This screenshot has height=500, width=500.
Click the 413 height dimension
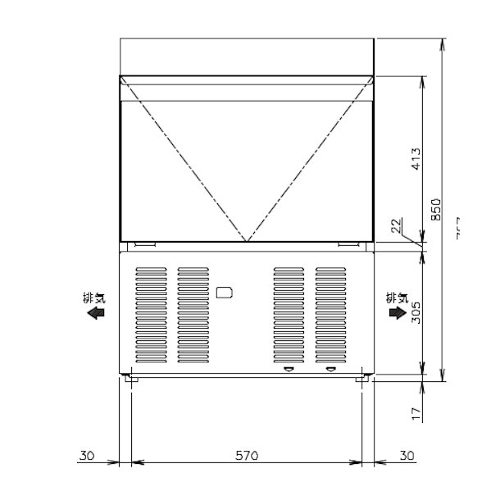coord(416,158)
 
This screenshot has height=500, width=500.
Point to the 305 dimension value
coord(416,311)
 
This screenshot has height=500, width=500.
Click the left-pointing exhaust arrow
coord(96,313)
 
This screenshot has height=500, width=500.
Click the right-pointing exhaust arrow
coord(397,313)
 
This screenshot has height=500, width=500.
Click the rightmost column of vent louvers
coord(330,316)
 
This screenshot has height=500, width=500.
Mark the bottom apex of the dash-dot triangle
coord(247,242)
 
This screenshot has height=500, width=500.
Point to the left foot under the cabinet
coord(130,378)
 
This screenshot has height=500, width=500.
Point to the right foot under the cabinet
coord(361,378)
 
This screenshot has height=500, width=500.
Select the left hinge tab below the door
coord(145,243)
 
